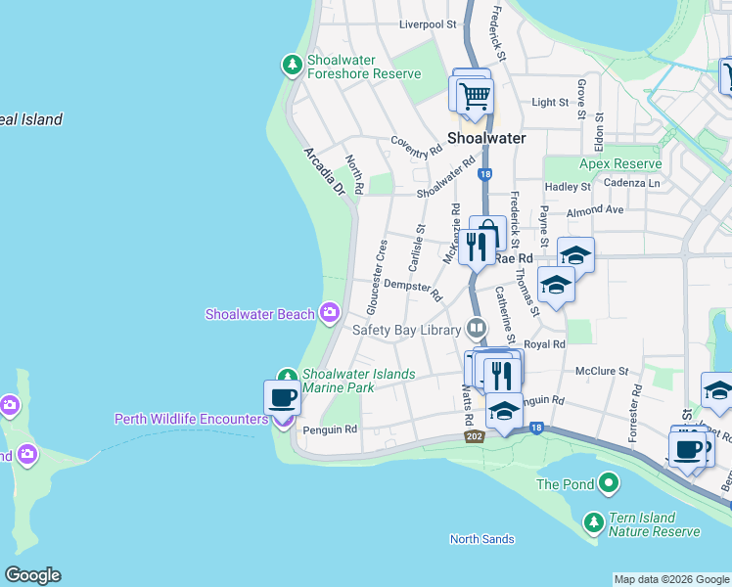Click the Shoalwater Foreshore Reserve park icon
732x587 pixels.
point(292,65)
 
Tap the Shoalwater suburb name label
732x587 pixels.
point(486,138)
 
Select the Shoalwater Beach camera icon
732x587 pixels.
point(329,313)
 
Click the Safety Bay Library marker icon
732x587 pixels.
point(477,329)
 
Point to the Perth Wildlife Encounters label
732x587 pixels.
point(191,419)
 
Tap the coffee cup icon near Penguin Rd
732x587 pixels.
point(283,398)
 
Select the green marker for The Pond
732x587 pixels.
point(608,483)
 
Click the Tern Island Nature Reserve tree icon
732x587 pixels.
point(593,522)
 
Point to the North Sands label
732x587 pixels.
point(481,539)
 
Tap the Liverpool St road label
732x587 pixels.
point(429,23)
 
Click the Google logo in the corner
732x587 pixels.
point(31,575)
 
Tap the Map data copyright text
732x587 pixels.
point(670,579)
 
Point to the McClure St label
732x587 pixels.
point(601,371)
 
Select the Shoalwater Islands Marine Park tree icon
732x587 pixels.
point(287,377)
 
